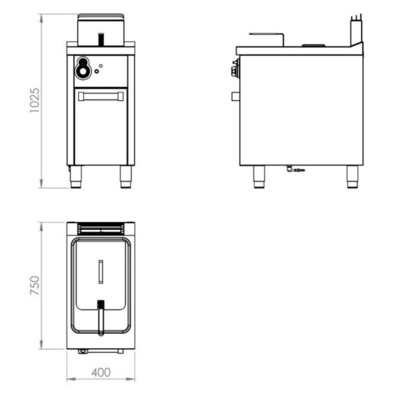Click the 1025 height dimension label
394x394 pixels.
[34, 100]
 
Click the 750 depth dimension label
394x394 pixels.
[35, 285]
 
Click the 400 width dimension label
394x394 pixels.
[101, 372]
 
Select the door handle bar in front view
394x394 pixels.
[101, 97]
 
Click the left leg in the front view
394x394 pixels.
[76, 177]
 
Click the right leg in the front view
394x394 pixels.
[126, 177]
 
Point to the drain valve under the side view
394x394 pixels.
[295, 169]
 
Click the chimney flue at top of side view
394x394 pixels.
[356, 30]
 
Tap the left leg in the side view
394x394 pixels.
[259, 177]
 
